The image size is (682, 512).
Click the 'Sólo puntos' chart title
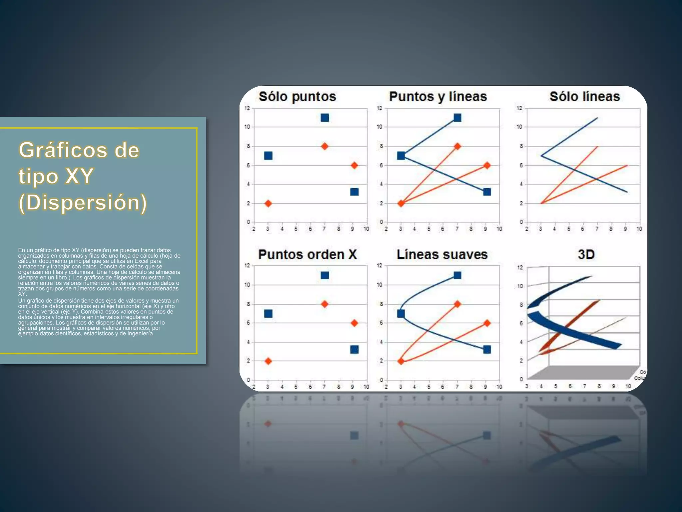[297, 97]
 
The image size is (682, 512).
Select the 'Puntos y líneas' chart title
[438, 97]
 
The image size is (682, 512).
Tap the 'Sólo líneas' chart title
[584, 97]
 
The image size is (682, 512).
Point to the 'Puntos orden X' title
[307, 255]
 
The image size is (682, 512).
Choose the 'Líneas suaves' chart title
[442, 255]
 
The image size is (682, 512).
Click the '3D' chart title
[586, 255]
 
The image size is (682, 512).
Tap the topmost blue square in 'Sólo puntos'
[325, 118]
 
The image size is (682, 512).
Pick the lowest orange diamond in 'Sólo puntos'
[268, 203]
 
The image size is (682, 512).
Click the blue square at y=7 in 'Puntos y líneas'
[401, 156]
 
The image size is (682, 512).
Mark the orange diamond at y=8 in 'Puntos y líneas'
[457, 146]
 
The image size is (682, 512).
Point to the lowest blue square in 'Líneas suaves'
[487, 349]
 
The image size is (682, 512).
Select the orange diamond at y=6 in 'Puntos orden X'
[354, 323]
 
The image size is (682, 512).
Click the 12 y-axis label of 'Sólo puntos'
[247, 108]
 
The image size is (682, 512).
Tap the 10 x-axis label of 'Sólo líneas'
[639, 229]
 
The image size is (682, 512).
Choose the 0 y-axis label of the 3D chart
[521, 379]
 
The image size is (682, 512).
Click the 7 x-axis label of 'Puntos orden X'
[324, 387]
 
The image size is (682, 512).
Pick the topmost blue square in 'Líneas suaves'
[457, 275]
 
